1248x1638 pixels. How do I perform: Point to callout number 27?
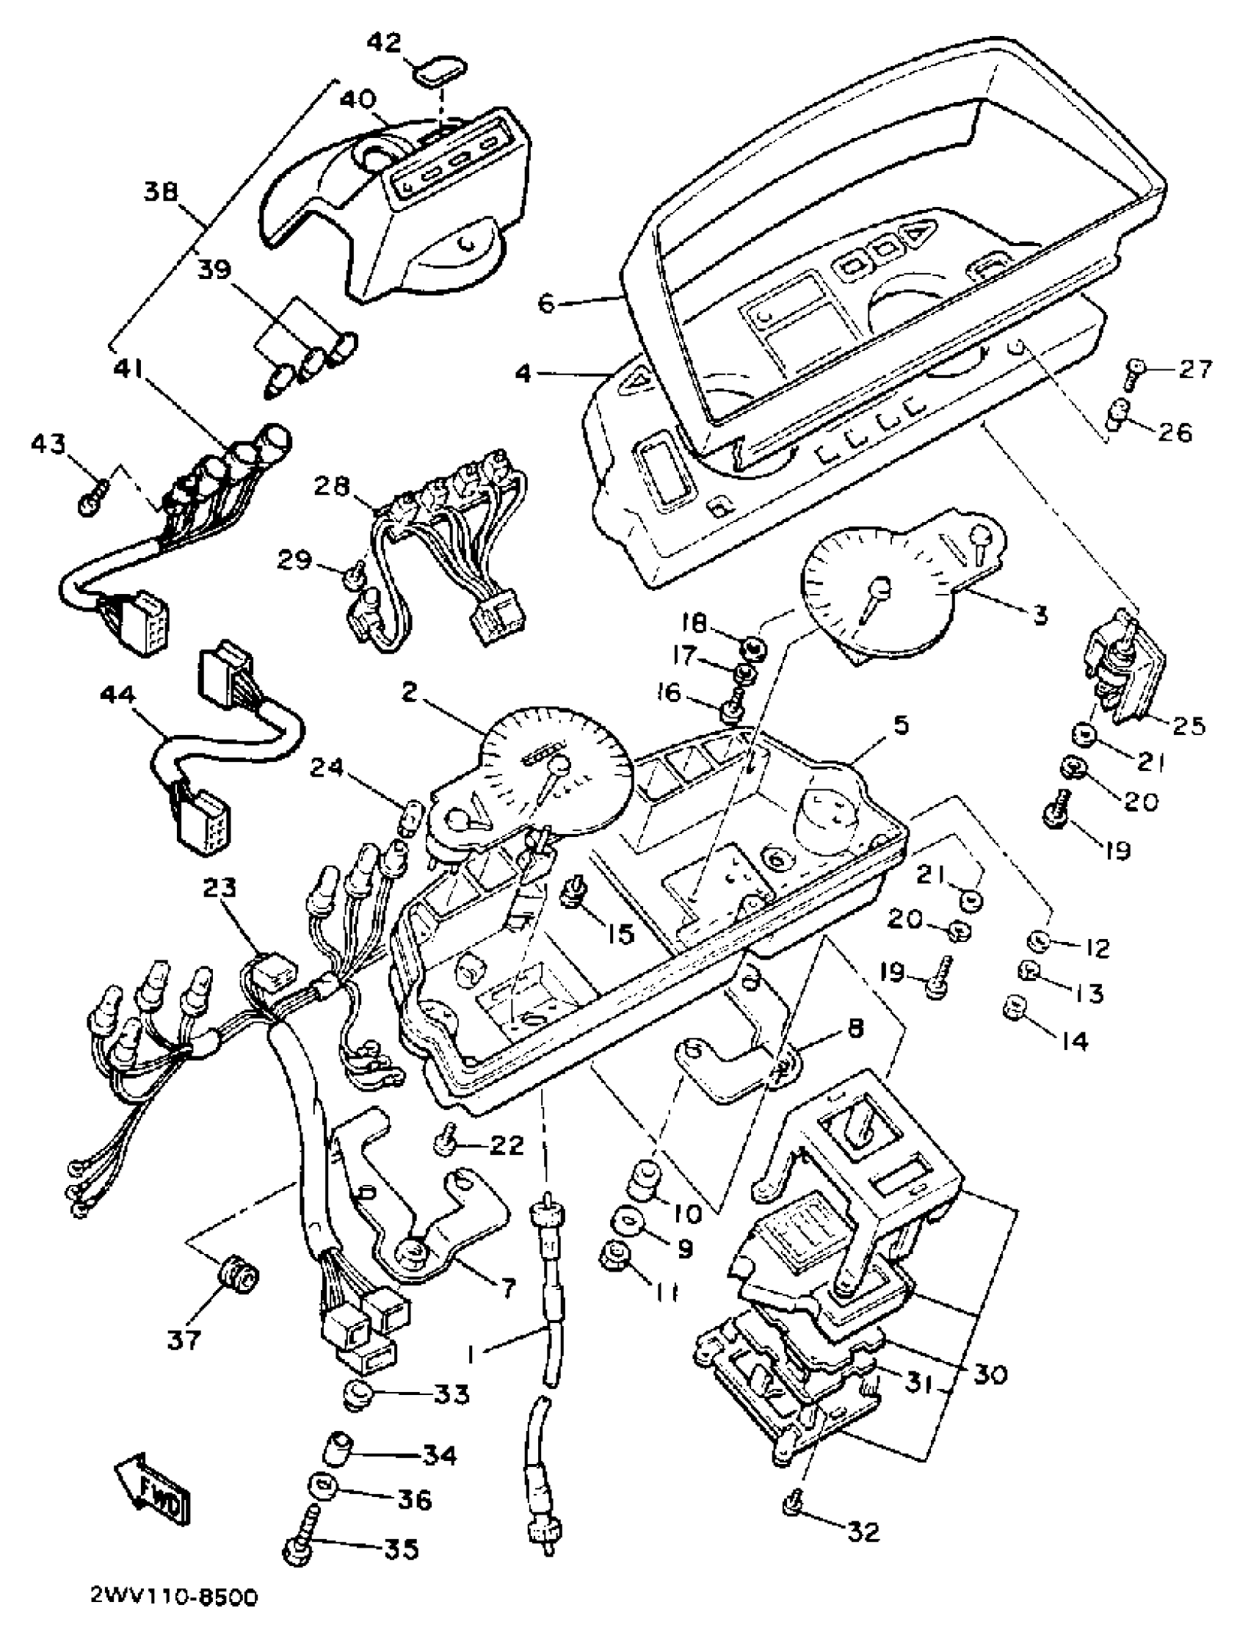pos(1195,369)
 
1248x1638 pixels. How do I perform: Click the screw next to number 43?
pos(95,496)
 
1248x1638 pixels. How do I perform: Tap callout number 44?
pos(118,695)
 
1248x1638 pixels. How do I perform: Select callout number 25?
pos(1187,725)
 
